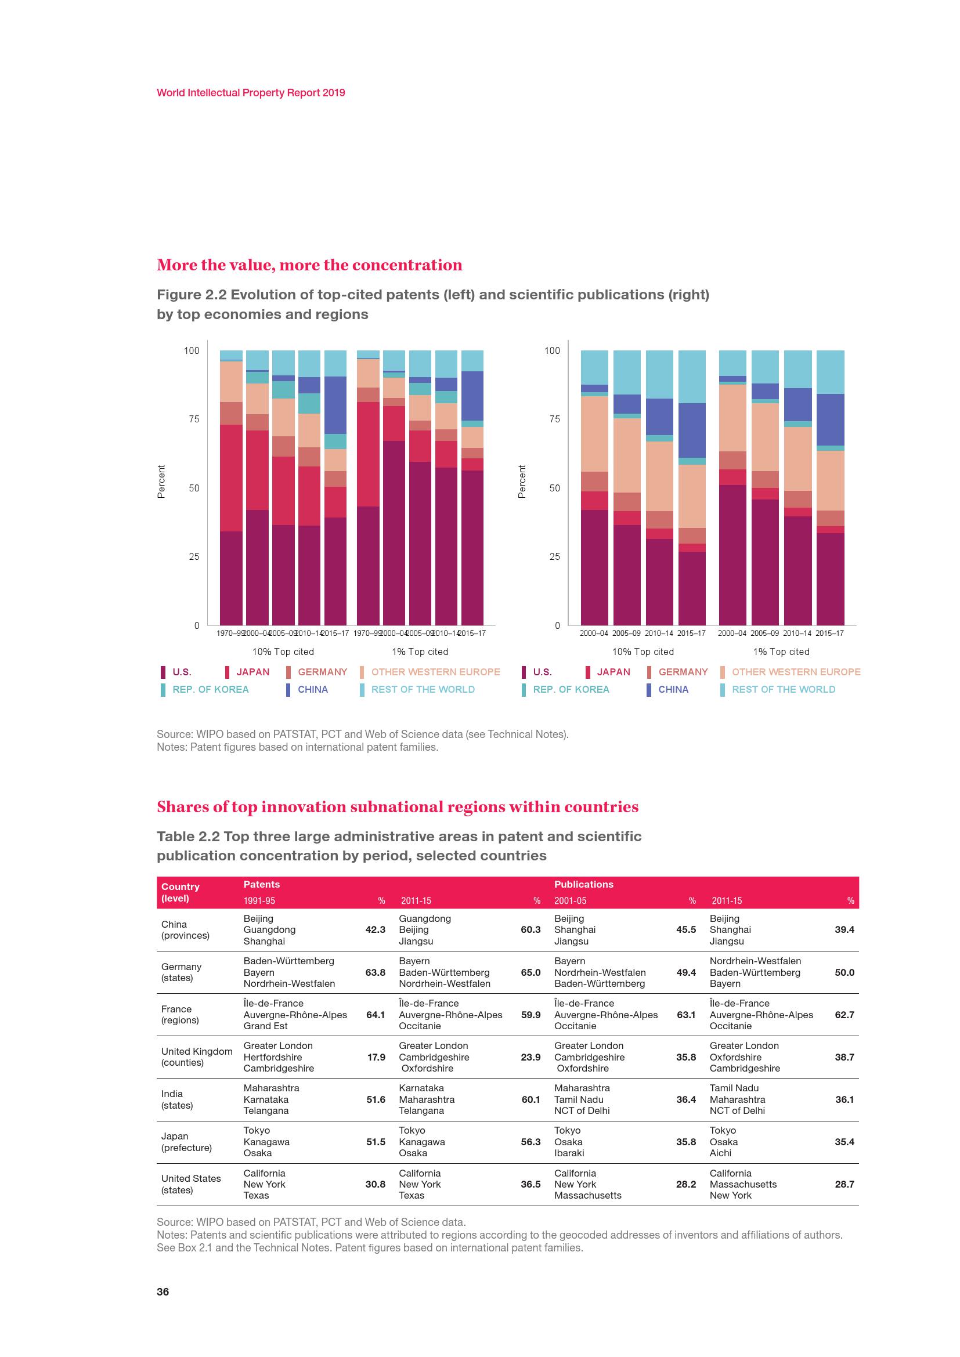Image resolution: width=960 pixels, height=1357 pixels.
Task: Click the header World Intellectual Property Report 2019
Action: [251, 93]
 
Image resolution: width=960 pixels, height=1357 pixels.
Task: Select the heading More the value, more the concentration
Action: [309, 265]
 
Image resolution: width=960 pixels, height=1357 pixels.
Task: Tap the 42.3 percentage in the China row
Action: [376, 929]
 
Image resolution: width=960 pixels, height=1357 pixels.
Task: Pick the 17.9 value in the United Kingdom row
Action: [376, 1056]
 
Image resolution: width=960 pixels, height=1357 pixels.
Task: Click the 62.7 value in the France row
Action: [844, 1014]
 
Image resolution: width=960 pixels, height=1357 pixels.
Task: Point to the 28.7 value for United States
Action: [844, 1184]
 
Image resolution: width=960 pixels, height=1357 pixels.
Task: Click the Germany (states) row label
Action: [182, 972]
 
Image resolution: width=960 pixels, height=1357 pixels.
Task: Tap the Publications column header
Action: [583, 884]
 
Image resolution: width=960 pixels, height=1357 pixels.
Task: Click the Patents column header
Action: [261, 884]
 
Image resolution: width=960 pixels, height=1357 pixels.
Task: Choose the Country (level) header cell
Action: [181, 892]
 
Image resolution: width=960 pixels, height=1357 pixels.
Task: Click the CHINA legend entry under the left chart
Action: [312, 689]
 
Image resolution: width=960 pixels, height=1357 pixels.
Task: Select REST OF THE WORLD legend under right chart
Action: [782, 689]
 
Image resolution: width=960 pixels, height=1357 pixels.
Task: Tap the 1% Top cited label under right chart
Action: [780, 652]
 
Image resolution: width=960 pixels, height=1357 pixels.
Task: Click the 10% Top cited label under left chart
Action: [283, 652]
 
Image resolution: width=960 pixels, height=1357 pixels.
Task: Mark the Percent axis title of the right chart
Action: [521, 481]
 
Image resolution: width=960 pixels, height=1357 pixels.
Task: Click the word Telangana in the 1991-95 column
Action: [266, 1110]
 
